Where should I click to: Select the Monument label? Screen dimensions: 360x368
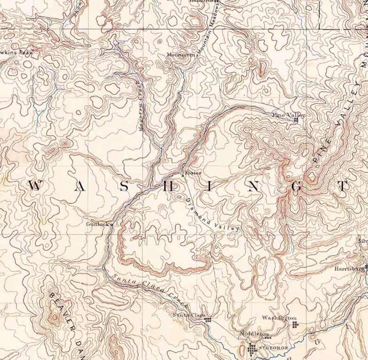(181, 55)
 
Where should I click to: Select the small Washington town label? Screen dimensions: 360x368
(279, 318)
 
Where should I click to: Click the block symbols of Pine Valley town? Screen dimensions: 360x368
(296, 120)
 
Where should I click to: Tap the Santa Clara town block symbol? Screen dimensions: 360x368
(208, 320)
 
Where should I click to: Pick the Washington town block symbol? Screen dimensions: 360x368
(295, 324)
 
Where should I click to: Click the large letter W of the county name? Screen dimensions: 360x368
(35, 186)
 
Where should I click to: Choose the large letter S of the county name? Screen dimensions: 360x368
(125, 186)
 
